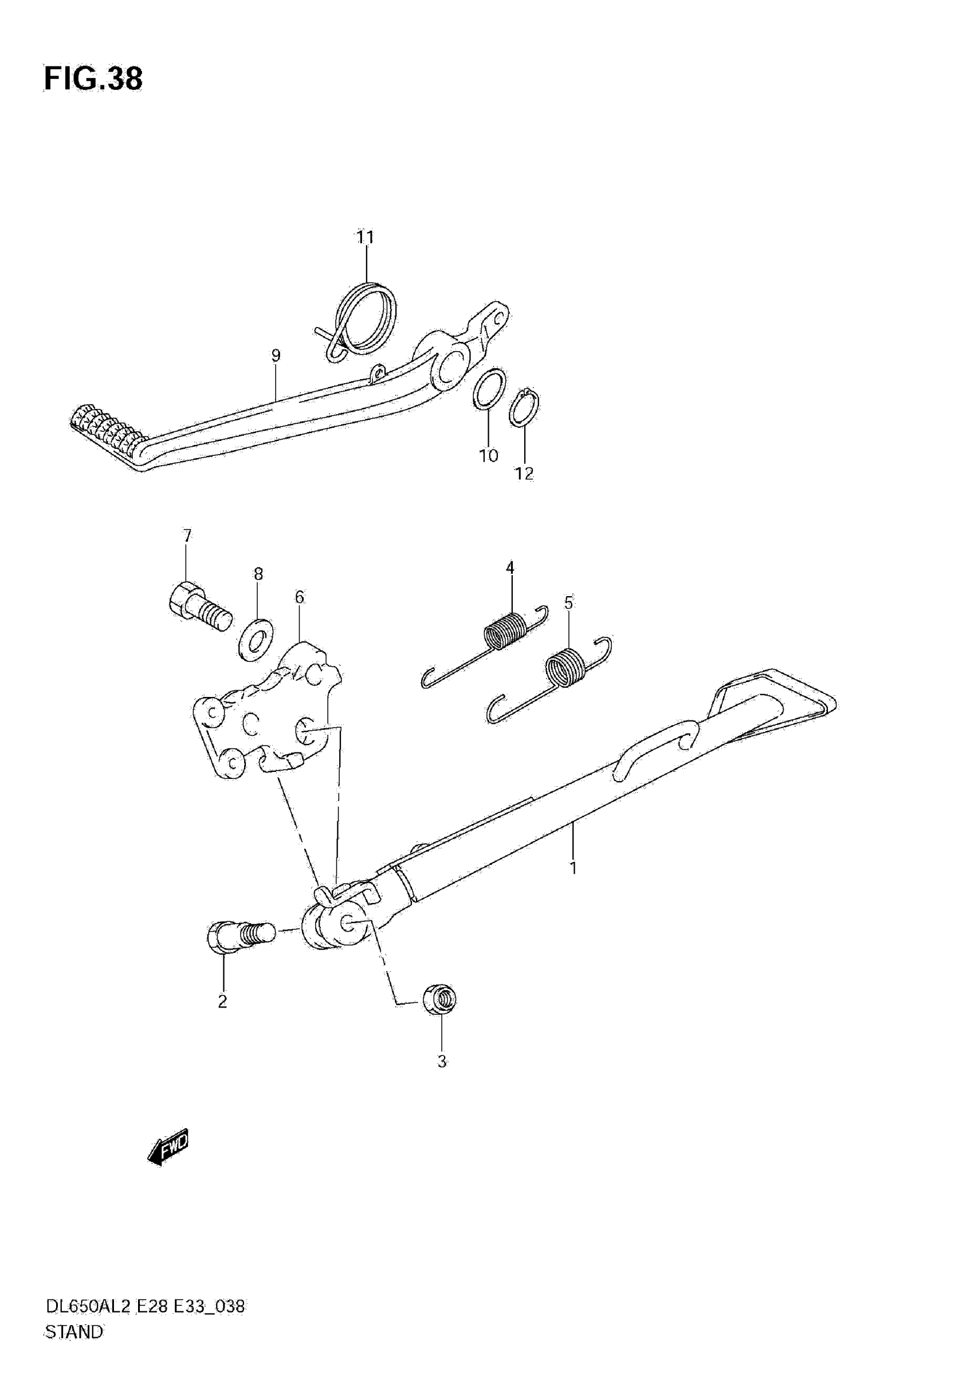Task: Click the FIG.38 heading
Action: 93,79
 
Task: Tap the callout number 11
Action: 366,238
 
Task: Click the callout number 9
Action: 276,356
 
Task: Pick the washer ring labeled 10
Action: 489,390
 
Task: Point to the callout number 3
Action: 442,1061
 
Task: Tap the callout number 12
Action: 524,473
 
